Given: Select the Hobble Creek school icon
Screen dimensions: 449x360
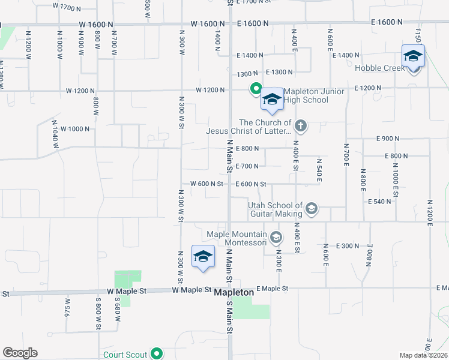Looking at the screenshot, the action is tap(413, 57).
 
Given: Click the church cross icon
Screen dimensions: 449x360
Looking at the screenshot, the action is tap(301, 126).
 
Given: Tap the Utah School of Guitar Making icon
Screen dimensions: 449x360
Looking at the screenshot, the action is tap(311, 209).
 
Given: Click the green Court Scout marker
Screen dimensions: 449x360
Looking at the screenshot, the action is tap(157, 354).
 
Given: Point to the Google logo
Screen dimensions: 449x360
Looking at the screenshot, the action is tap(20, 353).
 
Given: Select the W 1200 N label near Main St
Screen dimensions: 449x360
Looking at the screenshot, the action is tap(210, 91).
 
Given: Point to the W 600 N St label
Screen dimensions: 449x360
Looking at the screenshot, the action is tap(206, 184).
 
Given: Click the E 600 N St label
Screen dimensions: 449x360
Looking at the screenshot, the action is tap(250, 184).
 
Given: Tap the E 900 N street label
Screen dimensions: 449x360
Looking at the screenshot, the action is tap(388, 139).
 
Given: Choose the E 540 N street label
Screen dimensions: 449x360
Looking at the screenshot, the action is tap(379, 202).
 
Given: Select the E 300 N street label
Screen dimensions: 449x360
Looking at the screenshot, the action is tap(348, 246).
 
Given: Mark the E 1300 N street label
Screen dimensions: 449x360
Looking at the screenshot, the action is tap(279, 72).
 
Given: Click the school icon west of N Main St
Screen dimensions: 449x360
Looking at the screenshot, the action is tap(203, 257).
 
